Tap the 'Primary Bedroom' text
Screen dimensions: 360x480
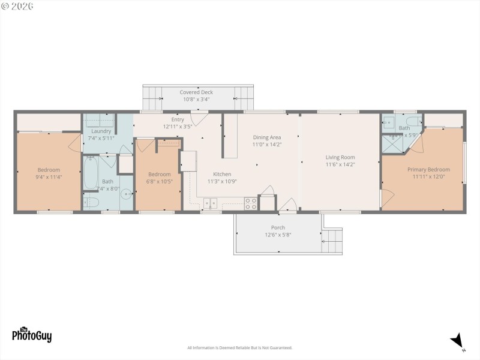pos(428,170)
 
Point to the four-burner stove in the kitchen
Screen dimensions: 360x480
pos(251,203)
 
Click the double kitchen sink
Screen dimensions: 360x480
pos(211,203)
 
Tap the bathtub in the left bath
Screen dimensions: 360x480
pos(91,172)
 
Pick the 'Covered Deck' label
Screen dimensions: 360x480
pos(196,92)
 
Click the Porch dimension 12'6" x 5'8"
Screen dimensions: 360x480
pos(278,235)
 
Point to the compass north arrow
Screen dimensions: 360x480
pos(458,340)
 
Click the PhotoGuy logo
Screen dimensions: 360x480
pos(32,334)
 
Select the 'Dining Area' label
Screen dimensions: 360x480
pos(267,137)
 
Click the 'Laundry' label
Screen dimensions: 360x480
pos(101,131)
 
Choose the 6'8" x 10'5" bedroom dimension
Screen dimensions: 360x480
pos(160,182)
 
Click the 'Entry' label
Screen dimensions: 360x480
pos(178,119)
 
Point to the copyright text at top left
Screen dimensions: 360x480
pos(17,5)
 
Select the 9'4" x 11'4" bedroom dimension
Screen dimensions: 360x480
pos(49,177)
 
